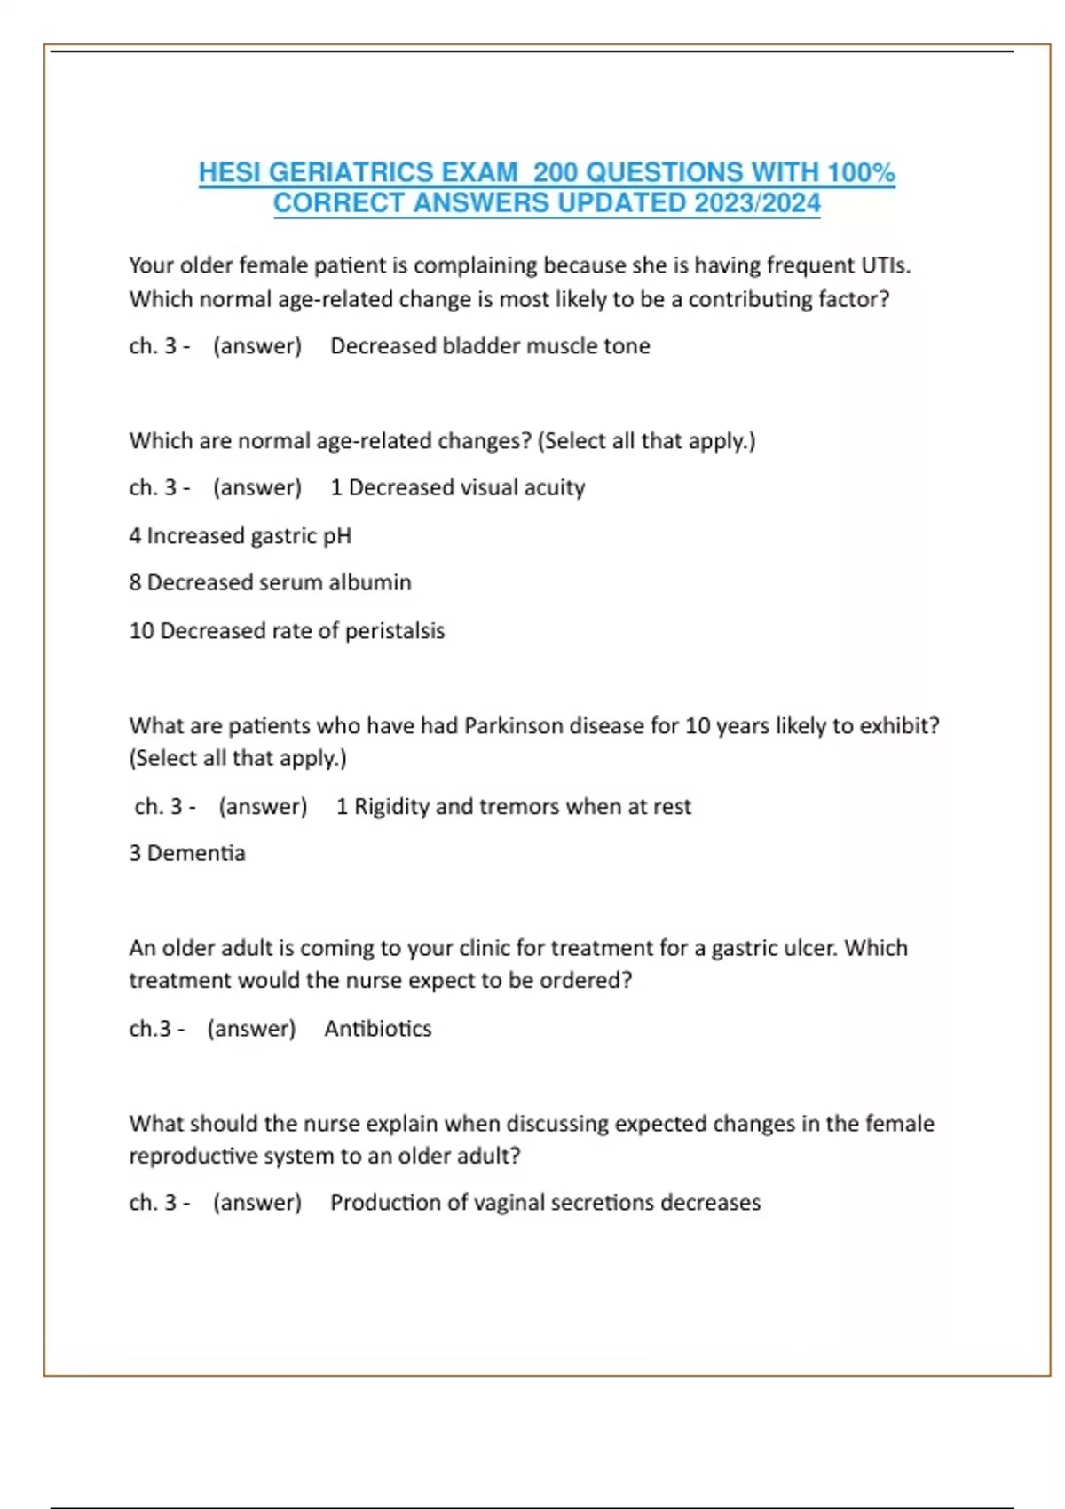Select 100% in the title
click(x=860, y=172)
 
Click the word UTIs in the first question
click(x=885, y=265)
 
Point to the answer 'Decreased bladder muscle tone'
click(x=490, y=346)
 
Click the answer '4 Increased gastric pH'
click(x=241, y=536)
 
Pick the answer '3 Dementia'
click(x=187, y=853)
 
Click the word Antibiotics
click(x=378, y=1029)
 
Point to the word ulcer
click(x=809, y=948)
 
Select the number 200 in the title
click(x=556, y=172)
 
